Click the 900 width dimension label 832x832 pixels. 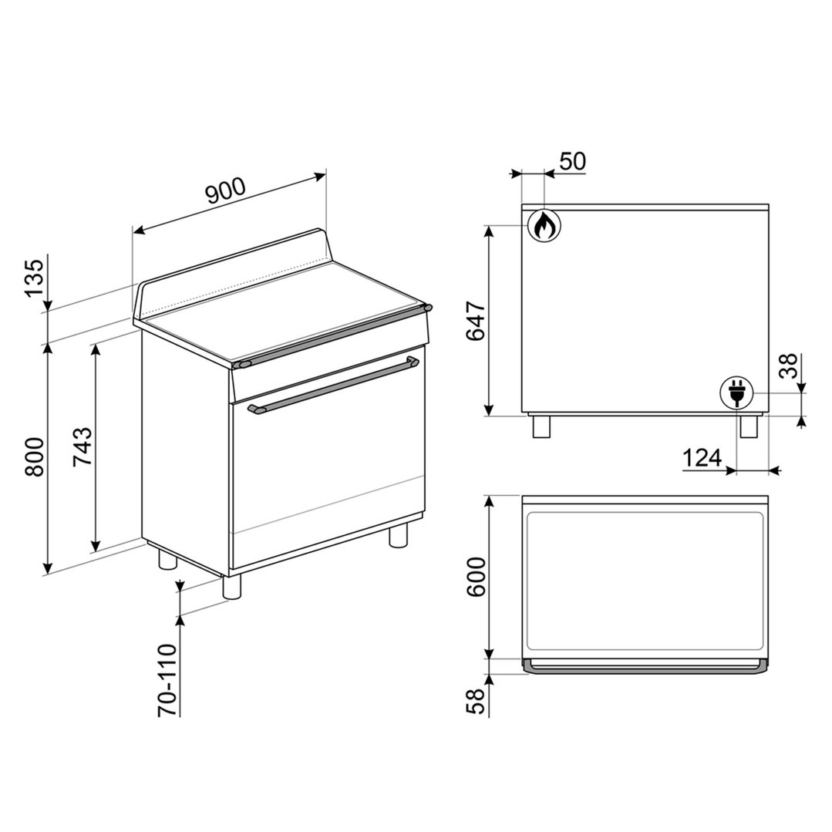click(x=227, y=191)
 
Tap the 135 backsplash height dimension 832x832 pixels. click(x=35, y=279)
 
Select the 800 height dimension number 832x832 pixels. click(x=35, y=456)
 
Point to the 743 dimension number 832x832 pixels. click(x=83, y=446)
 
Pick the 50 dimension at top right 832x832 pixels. click(x=572, y=161)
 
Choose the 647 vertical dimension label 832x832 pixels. click(x=475, y=321)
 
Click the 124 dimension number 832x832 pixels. click(x=702, y=457)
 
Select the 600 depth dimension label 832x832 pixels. click(x=475, y=577)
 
